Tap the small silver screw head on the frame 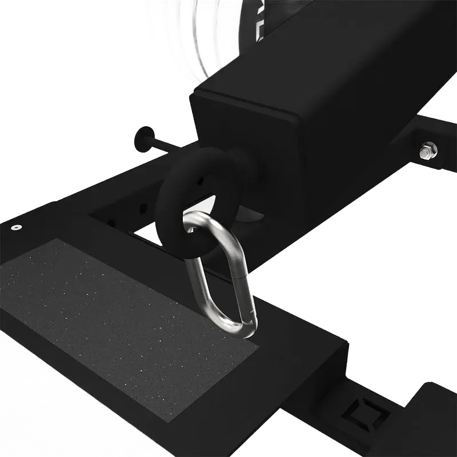coord(15,227)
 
